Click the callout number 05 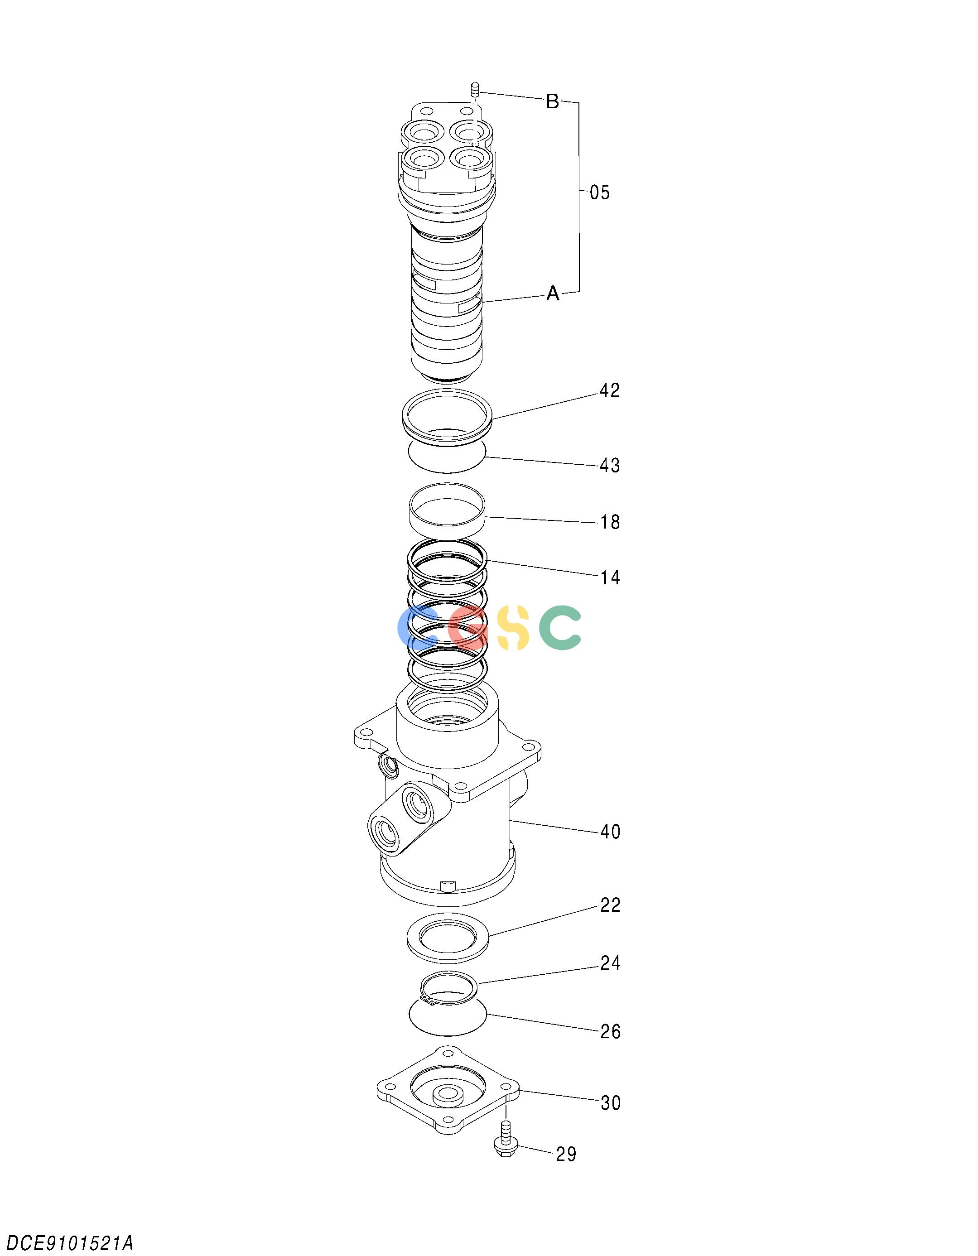599,192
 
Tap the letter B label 552,102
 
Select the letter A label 553,294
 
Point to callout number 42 610,391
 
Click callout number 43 610,465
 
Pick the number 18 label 610,522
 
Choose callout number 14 610,577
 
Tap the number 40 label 610,832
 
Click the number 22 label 610,905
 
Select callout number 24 610,963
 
